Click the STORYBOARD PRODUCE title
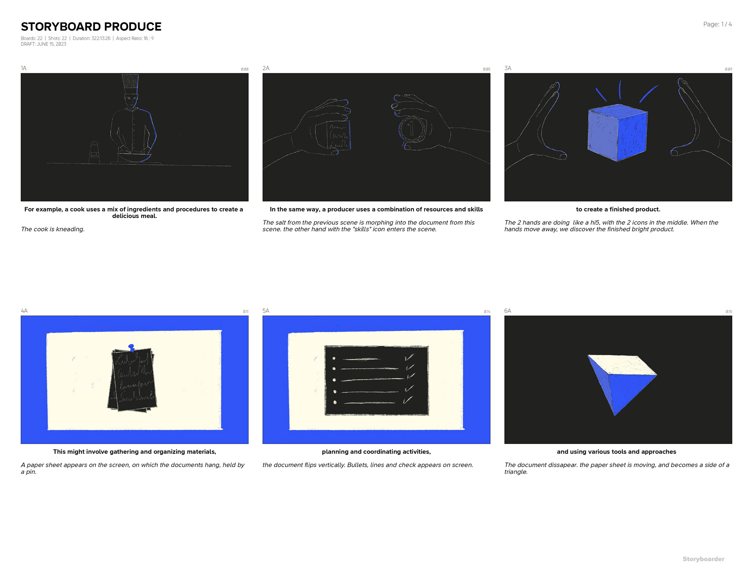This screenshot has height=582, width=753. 91,27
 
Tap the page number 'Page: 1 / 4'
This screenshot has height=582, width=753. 717,24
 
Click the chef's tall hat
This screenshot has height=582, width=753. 130,84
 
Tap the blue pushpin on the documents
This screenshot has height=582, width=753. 131,348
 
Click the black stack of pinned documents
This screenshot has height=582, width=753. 133,380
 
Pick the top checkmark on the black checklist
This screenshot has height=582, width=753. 409,357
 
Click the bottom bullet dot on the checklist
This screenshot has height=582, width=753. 335,402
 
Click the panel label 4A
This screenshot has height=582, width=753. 24,311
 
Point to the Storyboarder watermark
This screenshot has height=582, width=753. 703,559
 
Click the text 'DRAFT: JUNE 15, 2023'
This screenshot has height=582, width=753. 44,44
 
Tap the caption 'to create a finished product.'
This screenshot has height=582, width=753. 618,209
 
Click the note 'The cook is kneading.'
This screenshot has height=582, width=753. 53,229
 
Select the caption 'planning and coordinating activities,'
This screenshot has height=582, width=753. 376,452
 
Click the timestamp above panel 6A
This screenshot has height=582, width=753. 729,312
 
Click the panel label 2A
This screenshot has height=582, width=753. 266,68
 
